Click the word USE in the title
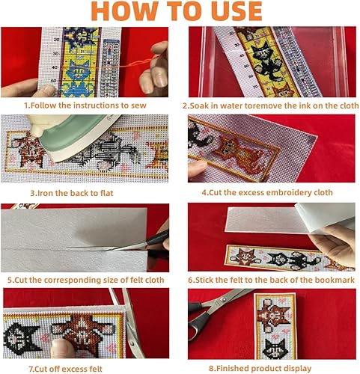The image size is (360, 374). [237, 11]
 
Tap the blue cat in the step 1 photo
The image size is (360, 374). [78, 79]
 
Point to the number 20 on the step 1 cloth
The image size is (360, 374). [56, 40]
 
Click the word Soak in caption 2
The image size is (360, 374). [199, 105]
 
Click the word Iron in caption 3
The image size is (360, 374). [47, 193]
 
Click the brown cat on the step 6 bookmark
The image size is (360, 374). [245, 257]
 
